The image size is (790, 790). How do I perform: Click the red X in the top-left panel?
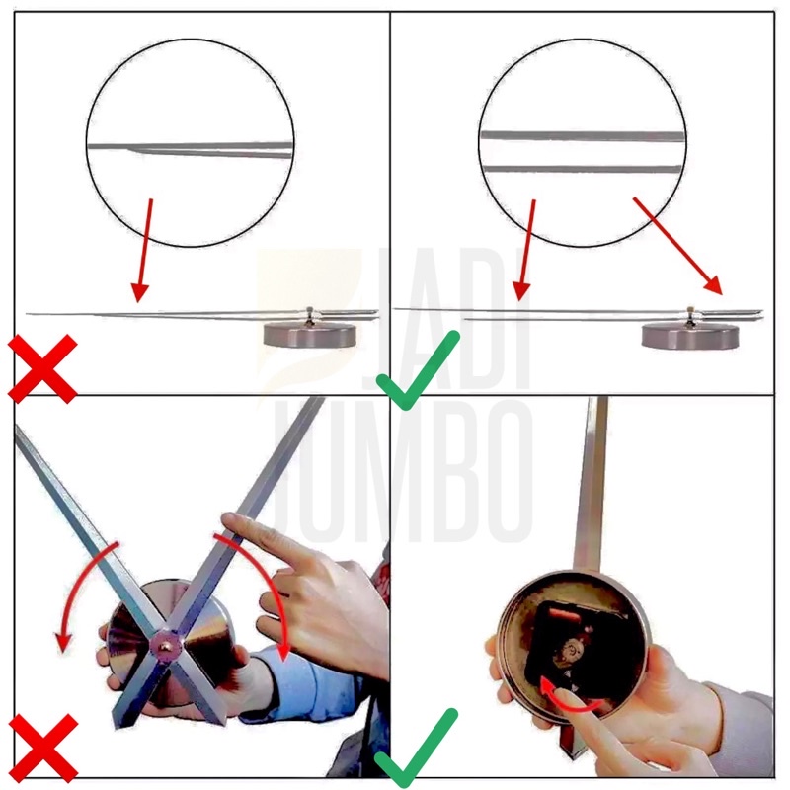[x=43, y=367]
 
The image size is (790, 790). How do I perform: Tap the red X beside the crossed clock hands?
[x=43, y=747]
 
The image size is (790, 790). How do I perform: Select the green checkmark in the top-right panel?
[x=419, y=371]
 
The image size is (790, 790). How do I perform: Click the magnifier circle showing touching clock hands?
[x=191, y=144]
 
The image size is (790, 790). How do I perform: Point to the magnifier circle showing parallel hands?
[x=581, y=144]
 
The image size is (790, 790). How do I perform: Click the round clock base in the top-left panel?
[x=310, y=334]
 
